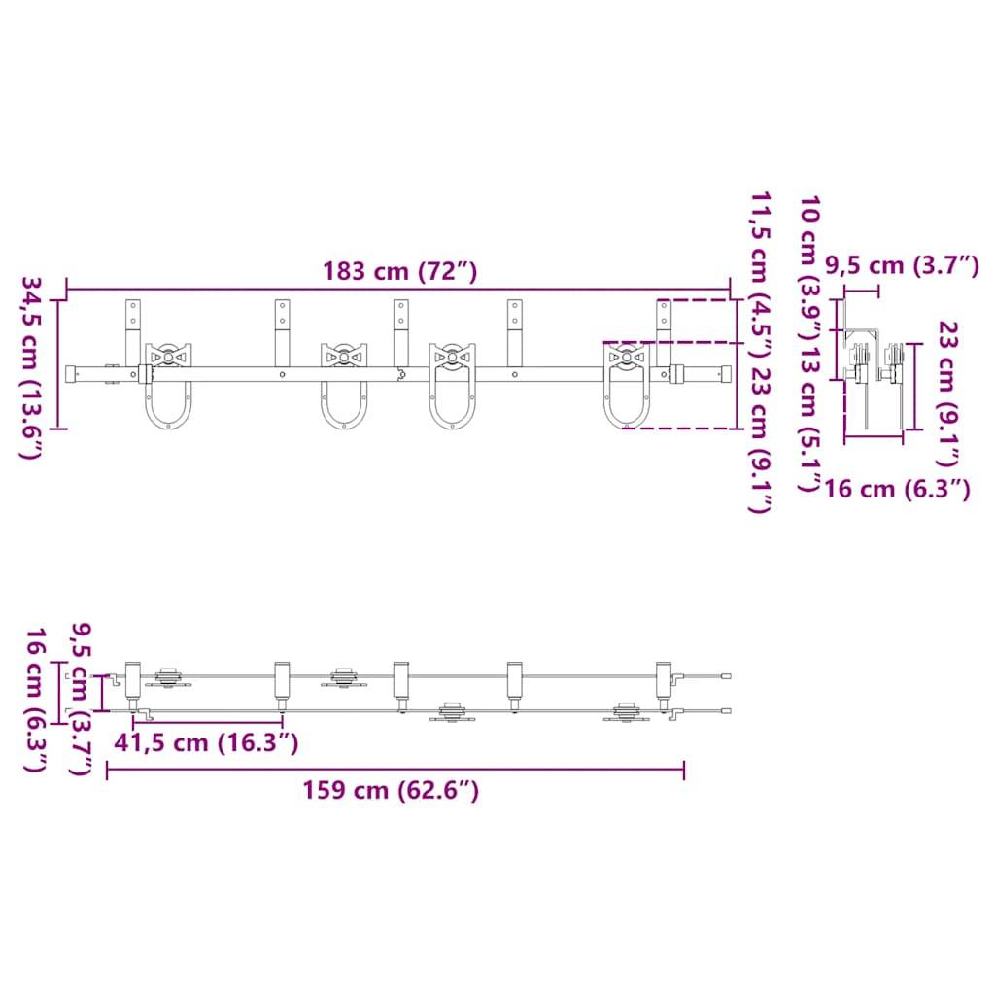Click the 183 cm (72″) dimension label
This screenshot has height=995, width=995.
point(399,271)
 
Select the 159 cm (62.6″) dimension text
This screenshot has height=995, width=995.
point(389,790)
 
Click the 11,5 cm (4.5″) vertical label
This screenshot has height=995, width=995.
point(761,277)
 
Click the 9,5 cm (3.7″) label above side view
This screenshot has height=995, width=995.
point(901,264)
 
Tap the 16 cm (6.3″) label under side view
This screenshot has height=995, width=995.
point(896,489)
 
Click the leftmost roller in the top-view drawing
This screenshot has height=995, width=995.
point(168,678)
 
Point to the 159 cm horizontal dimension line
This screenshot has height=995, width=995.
point(395,771)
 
